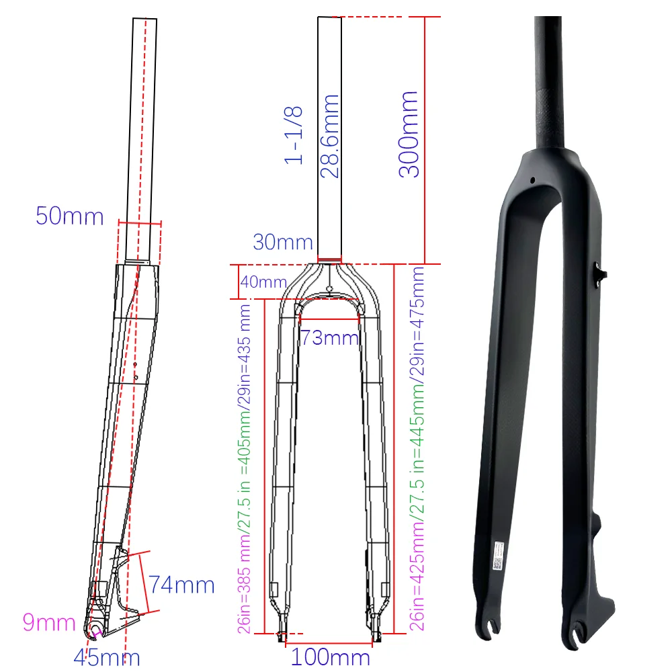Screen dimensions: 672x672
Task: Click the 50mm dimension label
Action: coord(70,216)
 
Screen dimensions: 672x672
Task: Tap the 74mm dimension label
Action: coord(181,585)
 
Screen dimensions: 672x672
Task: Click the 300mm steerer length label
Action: coord(409,134)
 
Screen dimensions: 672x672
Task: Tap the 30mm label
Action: coord(283,242)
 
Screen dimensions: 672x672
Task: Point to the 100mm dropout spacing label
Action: coord(330,657)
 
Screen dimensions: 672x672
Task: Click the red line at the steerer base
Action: coord(329,259)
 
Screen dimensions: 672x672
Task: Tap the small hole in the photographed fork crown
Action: coord(532,180)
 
